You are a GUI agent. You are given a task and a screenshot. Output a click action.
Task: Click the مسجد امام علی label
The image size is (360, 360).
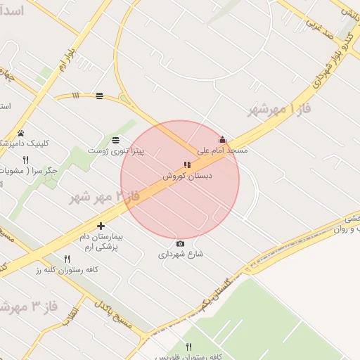222,150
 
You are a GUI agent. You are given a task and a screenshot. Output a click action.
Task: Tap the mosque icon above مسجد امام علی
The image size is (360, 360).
222,139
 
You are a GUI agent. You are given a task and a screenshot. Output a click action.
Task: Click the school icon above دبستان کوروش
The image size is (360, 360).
187,165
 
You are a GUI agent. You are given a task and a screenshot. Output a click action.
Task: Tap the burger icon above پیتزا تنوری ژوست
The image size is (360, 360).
115,140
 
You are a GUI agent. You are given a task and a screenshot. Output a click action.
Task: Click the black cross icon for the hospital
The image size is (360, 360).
101,226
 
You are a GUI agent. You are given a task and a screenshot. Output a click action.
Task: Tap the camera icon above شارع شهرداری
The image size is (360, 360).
181,243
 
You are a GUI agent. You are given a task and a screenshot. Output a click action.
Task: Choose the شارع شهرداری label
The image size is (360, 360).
181,254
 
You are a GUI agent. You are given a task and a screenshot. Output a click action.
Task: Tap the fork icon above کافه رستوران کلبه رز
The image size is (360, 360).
67,259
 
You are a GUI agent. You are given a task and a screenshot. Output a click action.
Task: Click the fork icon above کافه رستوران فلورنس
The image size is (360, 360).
188,347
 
